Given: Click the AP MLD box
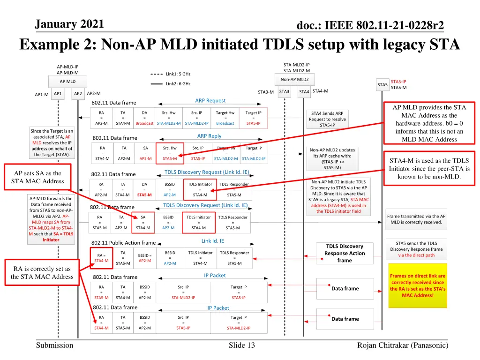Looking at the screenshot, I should [x=67, y=81].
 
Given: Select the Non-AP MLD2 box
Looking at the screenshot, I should [x=294, y=79].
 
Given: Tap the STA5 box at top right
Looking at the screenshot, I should [x=382, y=84].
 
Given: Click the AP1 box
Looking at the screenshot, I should [x=58, y=94].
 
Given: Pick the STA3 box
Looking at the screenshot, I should [x=284, y=92].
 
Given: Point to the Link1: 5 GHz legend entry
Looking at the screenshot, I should [x=171, y=74].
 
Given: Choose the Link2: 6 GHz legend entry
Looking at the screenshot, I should [x=171, y=84].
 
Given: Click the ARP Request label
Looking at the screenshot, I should [x=210, y=100].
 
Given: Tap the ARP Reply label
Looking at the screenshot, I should [x=209, y=136].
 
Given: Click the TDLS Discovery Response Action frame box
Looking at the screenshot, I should [x=345, y=253].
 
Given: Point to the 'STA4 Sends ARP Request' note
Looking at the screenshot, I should [x=327, y=119].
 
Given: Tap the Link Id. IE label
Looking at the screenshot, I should [x=213, y=241].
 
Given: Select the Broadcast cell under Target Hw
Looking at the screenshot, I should [x=225, y=123].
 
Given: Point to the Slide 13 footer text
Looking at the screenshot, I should [x=241, y=345].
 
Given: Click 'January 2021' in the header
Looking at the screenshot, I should [x=70, y=24].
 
